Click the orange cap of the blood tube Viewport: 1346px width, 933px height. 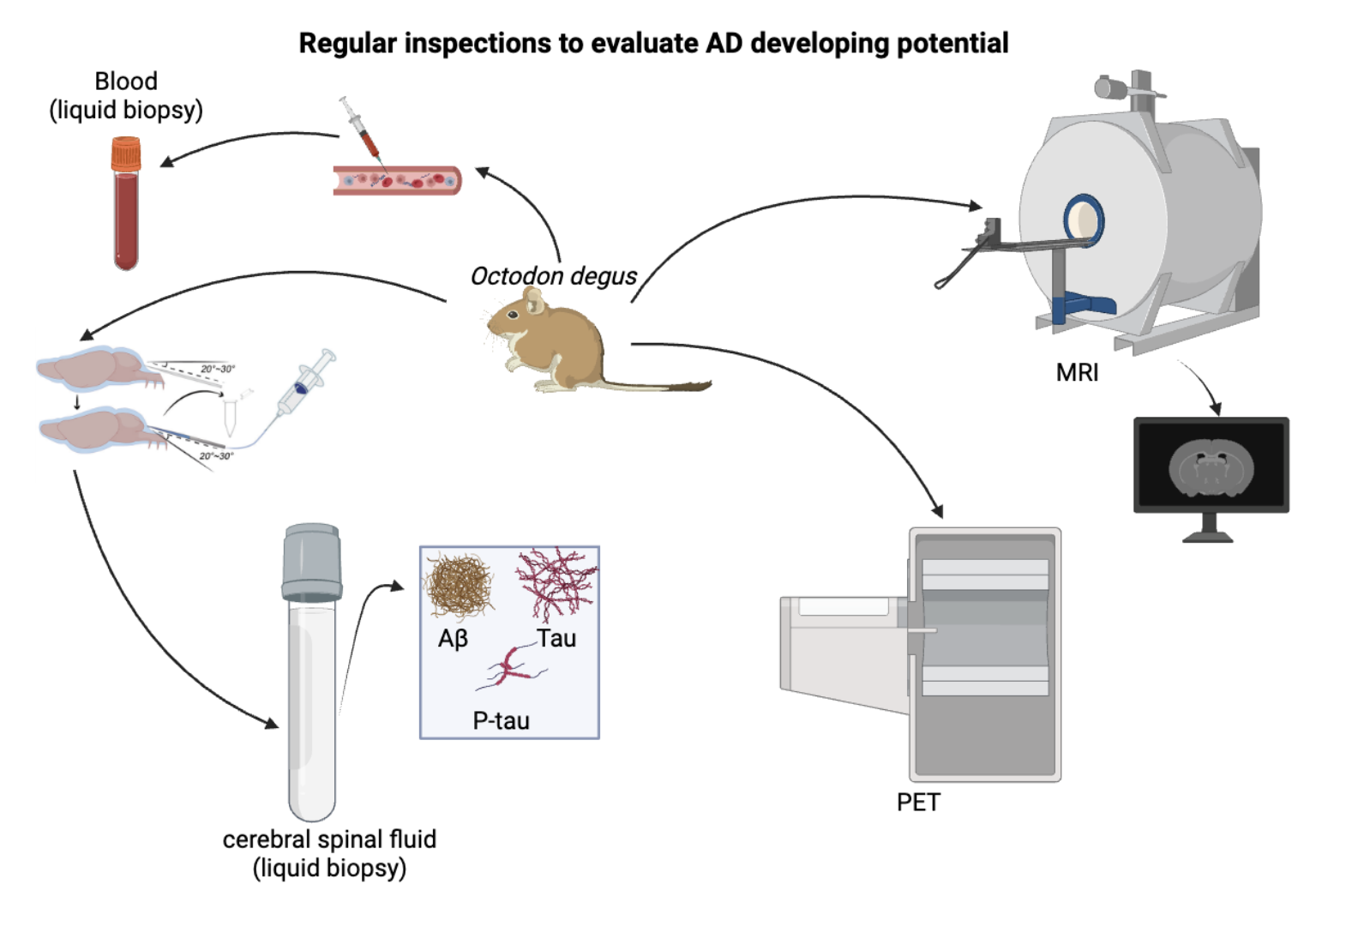(x=126, y=154)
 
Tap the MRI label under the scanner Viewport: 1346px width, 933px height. (x=1077, y=373)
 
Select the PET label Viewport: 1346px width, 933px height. (x=918, y=803)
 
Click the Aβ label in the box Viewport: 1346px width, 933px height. (x=453, y=639)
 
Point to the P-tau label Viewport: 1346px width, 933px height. (x=502, y=721)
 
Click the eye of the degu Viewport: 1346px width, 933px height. (x=513, y=315)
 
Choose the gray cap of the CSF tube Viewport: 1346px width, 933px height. (x=312, y=562)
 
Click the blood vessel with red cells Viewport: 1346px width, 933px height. (x=397, y=180)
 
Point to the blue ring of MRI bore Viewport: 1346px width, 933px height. (x=1084, y=220)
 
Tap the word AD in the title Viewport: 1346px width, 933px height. (x=724, y=43)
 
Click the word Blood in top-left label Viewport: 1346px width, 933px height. (x=126, y=81)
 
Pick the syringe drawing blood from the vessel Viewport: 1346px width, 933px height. (x=360, y=129)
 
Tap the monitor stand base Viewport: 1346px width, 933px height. (x=1208, y=537)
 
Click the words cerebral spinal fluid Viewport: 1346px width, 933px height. (x=329, y=839)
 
